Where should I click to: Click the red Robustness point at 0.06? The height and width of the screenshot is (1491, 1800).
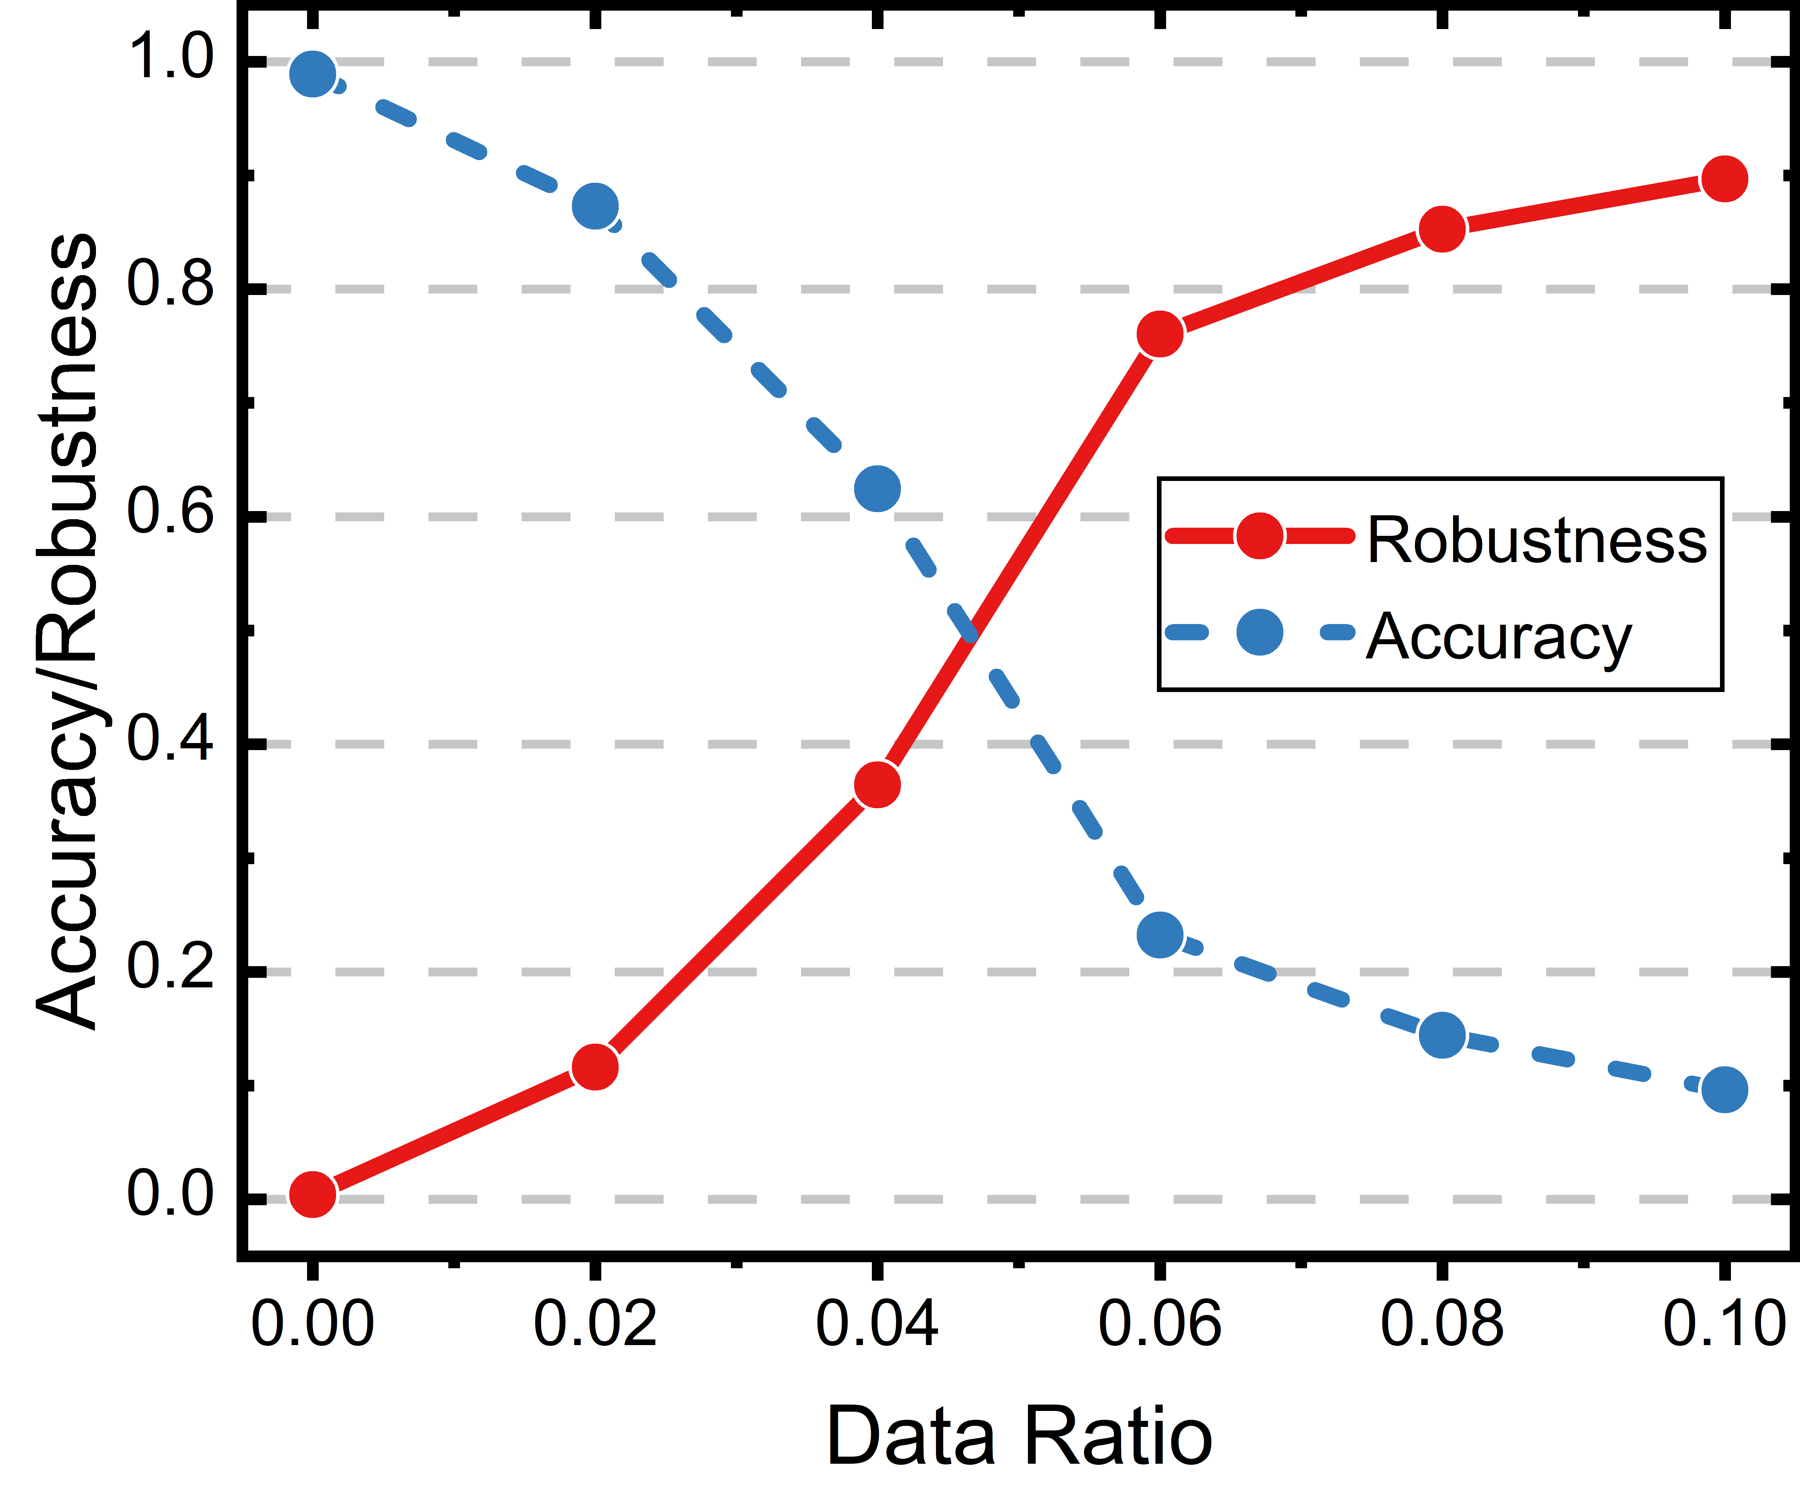pos(1160,334)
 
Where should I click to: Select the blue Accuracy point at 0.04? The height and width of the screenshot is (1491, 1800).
pos(877,489)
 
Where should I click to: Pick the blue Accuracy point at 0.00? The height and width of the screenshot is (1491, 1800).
pos(312,74)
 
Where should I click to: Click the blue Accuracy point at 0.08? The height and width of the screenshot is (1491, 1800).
pos(1443,1035)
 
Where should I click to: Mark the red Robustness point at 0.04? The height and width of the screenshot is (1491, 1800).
pos(877,784)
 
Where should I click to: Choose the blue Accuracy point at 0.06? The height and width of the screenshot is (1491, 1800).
pos(1160,935)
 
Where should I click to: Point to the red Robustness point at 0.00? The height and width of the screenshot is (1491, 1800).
pos(312,1194)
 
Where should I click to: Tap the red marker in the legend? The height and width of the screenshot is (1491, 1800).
pos(1259,536)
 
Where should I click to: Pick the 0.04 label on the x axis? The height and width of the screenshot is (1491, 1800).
pos(877,1323)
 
